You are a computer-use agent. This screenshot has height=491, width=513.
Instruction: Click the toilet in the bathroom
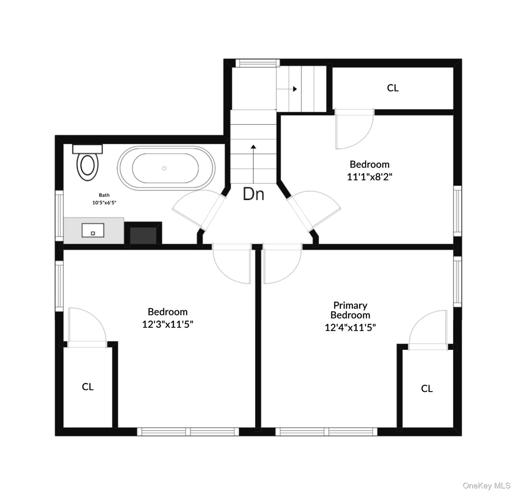(87, 162)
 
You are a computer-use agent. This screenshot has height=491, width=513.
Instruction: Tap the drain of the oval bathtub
(164, 168)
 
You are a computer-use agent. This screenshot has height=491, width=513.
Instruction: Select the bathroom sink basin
(93, 230)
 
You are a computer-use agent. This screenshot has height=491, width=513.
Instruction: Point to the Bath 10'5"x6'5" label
(104, 199)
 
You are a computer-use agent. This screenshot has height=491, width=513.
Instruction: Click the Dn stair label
(253, 194)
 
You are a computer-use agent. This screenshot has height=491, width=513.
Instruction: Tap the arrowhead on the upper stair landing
(295, 89)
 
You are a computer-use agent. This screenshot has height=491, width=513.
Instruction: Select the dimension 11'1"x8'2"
(369, 177)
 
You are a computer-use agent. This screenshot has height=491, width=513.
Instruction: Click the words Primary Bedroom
(350, 310)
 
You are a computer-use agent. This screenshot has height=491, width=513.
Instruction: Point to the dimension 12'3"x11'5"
(168, 324)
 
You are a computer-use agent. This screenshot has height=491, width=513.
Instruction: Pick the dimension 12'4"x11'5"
(350, 327)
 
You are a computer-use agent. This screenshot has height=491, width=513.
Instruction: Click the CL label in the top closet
(393, 88)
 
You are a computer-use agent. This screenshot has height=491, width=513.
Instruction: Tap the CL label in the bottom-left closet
(88, 387)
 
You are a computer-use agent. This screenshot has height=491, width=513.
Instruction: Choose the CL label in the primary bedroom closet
(427, 388)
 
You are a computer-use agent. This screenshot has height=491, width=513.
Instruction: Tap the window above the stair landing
(257, 63)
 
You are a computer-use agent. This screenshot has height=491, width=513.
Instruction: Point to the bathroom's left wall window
(59, 216)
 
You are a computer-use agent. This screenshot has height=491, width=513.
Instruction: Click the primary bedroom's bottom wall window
(326, 432)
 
